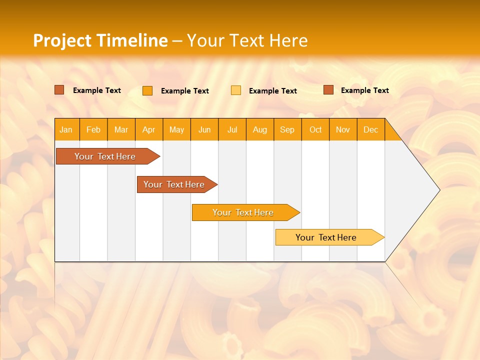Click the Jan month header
[x=66, y=130]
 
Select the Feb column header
[x=93, y=130]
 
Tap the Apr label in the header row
[x=149, y=130]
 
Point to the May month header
[x=176, y=130]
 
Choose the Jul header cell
[x=232, y=130]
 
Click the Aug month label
[x=260, y=130]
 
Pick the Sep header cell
[x=287, y=130]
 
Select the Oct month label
[x=315, y=130]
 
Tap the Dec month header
[x=371, y=130]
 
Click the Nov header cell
[x=343, y=130]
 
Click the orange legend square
[x=147, y=90]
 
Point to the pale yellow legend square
[x=236, y=90]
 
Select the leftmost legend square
[x=59, y=90]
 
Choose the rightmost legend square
[x=328, y=90]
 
